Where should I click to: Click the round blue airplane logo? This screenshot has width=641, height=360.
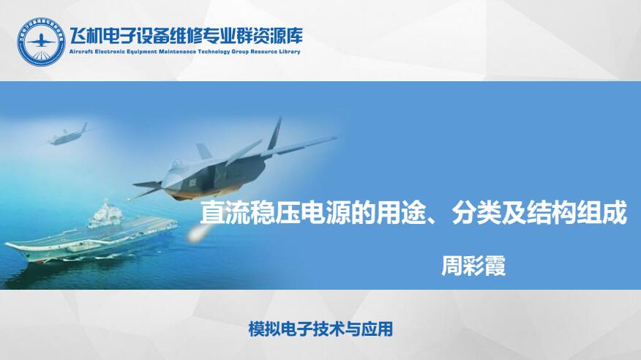click(x=41, y=42)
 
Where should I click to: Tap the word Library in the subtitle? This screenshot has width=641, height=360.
click(x=290, y=52)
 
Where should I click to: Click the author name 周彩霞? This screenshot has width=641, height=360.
click(x=473, y=266)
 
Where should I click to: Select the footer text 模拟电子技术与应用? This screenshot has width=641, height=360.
click(x=320, y=329)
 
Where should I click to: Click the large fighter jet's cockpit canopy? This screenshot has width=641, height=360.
click(x=176, y=164)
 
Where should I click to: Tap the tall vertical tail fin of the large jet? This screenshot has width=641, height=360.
click(x=274, y=132)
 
